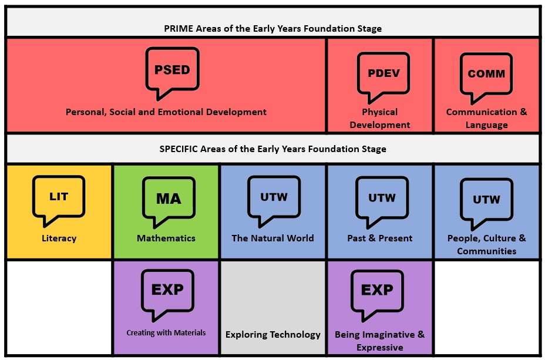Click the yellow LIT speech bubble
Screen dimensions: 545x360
tap(58, 198)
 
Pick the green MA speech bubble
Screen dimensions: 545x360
tap(169, 200)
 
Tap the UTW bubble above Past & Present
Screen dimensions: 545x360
tap(382, 200)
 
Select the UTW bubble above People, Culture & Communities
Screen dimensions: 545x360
tap(486, 202)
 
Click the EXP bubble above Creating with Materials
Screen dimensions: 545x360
tap(167, 294)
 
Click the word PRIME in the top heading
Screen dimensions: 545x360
tap(179, 29)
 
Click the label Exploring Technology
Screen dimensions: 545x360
tap(273, 335)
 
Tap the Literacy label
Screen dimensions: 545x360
tap(59, 238)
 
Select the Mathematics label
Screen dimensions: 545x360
tap(166, 238)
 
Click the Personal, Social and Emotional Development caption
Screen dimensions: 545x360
tap(166, 112)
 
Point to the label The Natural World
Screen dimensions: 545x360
tap(273, 238)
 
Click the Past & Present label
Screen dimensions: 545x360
tap(380, 238)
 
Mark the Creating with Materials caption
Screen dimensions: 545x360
tap(166, 332)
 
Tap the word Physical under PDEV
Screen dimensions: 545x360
tap(380, 112)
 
